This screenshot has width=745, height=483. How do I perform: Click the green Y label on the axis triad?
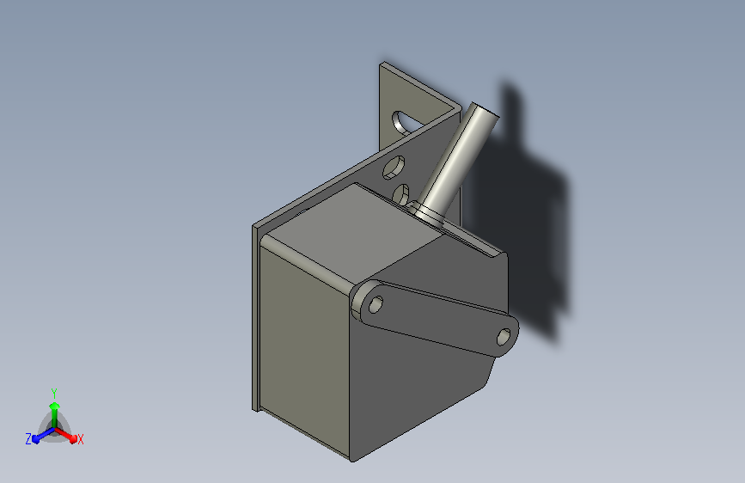54,393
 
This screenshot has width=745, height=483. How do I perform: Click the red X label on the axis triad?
80,439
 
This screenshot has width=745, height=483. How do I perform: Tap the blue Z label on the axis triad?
28,439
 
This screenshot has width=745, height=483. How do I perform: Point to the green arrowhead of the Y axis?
55,406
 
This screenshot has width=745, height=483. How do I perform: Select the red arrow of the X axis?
65,435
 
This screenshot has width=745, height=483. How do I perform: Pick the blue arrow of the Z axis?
43,435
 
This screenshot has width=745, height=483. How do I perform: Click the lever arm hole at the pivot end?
376,304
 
